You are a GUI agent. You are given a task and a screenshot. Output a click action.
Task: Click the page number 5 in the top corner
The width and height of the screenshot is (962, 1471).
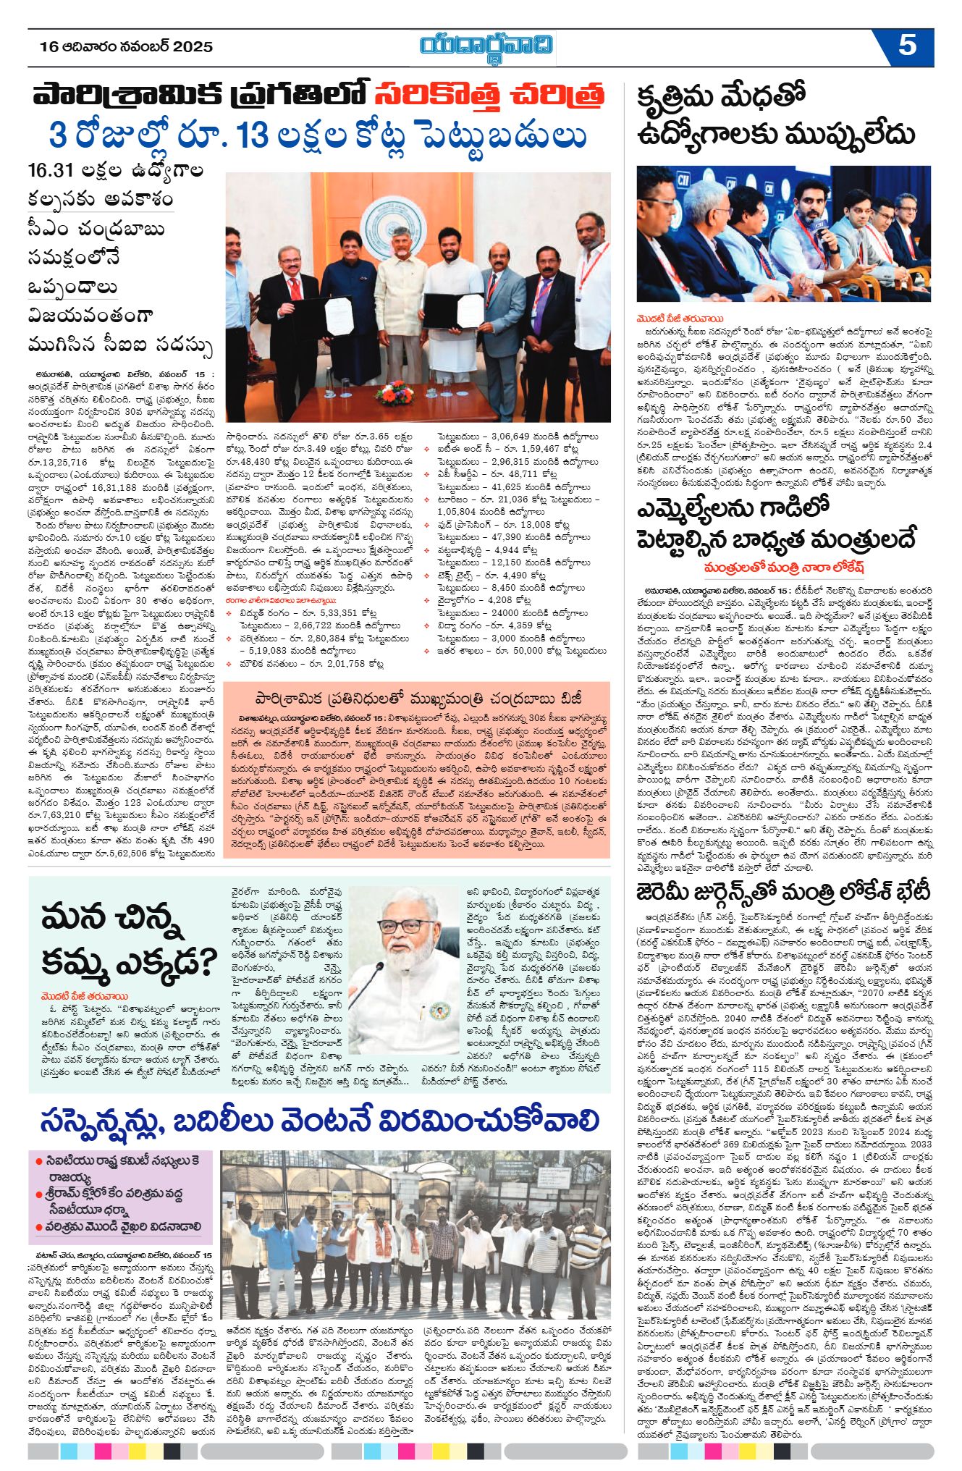coord(907,46)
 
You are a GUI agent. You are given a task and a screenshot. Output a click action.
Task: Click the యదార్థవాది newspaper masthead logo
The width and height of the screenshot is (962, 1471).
coord(486,46)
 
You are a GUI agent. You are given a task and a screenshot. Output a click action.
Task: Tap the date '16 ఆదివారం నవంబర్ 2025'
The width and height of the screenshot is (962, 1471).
coord(127,47)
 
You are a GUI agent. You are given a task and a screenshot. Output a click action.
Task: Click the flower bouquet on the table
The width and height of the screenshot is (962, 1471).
coord(394,394)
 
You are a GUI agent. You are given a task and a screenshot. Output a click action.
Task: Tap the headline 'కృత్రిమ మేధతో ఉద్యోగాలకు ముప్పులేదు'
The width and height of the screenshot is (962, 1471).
coord(775,117)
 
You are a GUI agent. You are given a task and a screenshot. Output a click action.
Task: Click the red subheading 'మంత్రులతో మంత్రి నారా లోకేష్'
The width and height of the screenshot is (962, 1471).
coord(784,567)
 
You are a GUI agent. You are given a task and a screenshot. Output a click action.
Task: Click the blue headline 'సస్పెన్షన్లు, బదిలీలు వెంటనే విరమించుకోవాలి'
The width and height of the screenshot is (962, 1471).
coord(320,1122)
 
